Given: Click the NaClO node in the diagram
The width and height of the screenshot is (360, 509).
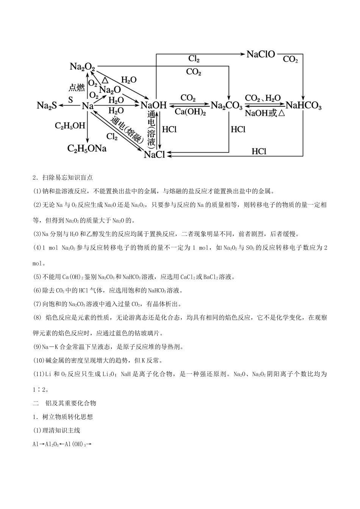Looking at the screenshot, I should click(261, 55).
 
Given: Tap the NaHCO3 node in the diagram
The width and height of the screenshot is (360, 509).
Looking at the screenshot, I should click(304, 106).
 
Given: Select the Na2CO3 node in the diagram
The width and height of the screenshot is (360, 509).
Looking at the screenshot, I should click(226, 106).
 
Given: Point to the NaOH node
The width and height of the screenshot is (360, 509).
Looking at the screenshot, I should click(153, 105).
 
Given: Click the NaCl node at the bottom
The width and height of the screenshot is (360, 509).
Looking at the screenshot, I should click(154, 155).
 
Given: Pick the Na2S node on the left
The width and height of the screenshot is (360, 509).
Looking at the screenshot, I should click(47, 106).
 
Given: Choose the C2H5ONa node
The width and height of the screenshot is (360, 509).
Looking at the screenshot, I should click(87, 148).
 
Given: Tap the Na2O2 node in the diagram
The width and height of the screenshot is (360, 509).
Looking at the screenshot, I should click(82, 67).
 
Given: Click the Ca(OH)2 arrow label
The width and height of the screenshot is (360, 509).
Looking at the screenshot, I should click(190, 112).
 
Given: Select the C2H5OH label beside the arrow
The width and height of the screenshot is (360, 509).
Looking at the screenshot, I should click(70, 126).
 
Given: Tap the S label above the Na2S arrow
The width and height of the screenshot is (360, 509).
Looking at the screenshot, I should click(70, 100).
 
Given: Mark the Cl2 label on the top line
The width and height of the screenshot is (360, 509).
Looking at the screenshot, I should click(194, 59).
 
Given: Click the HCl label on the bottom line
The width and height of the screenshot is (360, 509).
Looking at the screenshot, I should click(259, 151).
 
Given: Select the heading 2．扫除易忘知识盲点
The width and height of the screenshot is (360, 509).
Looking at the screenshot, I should click(63, 177).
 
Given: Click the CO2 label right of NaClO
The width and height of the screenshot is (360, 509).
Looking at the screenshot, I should click(290, 59).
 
